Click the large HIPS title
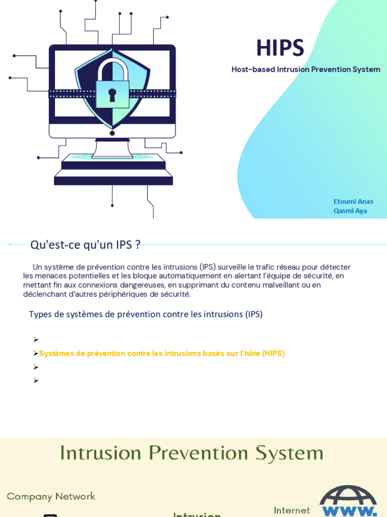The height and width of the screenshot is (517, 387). point(280,48)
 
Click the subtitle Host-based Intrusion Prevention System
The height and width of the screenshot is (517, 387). point(305,69)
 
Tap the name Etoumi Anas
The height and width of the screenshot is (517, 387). point(353,201)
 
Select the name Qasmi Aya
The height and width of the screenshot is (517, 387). point(350,211)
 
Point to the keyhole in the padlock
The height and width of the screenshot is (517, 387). point(112,94)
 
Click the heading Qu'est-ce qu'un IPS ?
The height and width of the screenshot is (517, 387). point(85,245)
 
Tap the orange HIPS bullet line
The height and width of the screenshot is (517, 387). point(162,353)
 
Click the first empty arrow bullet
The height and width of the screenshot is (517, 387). point(36,340)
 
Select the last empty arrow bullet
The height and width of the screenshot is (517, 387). point(36,381)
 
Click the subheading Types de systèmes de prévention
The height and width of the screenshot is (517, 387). point(146,314)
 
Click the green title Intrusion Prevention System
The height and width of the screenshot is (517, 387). point(191,453)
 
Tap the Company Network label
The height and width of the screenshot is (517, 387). point(51,496)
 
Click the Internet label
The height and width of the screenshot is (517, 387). point(292,510)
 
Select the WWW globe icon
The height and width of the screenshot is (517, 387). point(348,501)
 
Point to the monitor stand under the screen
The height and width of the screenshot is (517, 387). point(112,148)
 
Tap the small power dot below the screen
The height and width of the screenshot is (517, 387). point(112,133)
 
